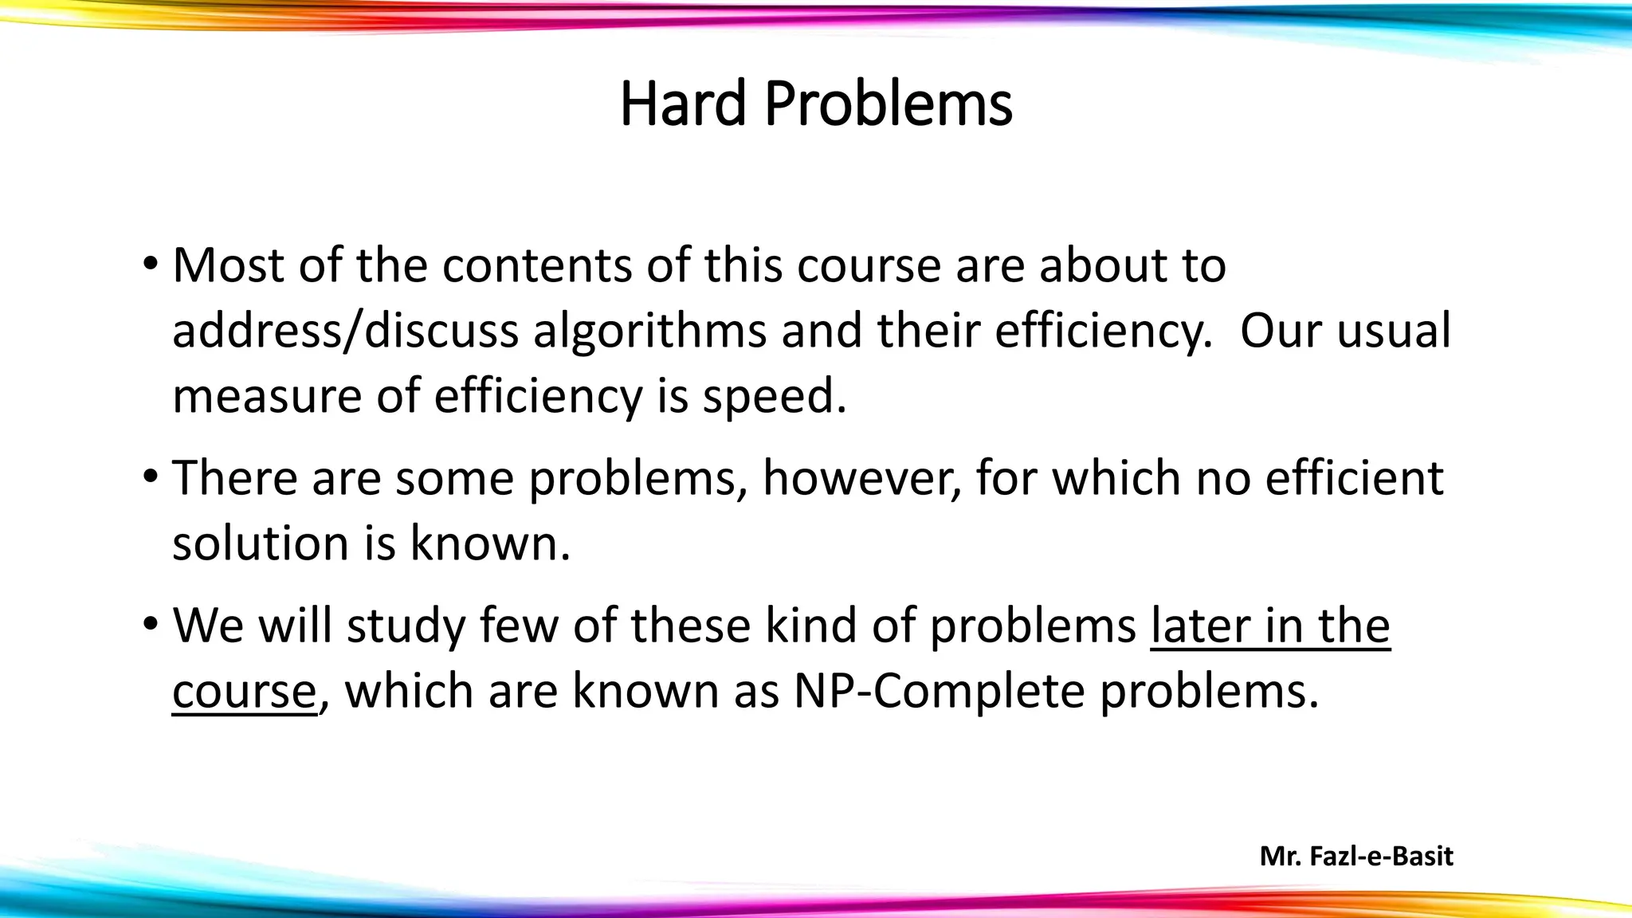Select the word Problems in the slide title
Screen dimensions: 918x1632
tap(889, 104)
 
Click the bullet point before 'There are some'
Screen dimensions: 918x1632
tap(150, 477)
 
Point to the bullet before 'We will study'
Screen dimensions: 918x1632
tap(150, 624)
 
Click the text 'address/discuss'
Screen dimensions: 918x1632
tap(345, 331)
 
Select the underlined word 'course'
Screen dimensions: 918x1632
tap(245, 692)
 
